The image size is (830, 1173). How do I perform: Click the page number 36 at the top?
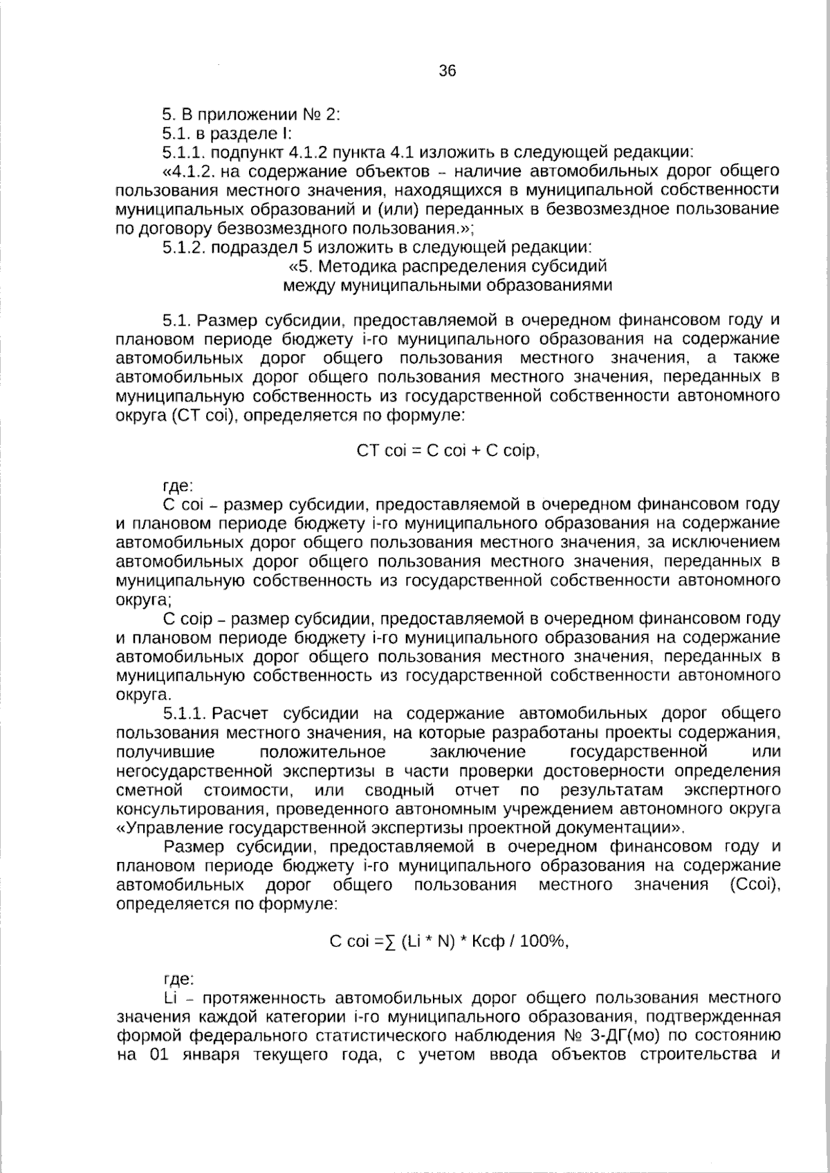tap(448, 71)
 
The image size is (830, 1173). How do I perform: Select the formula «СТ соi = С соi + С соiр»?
tap(447, 451)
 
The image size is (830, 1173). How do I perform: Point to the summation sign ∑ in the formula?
tap(390, 941)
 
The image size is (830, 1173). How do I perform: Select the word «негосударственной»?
tap(193, 771)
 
